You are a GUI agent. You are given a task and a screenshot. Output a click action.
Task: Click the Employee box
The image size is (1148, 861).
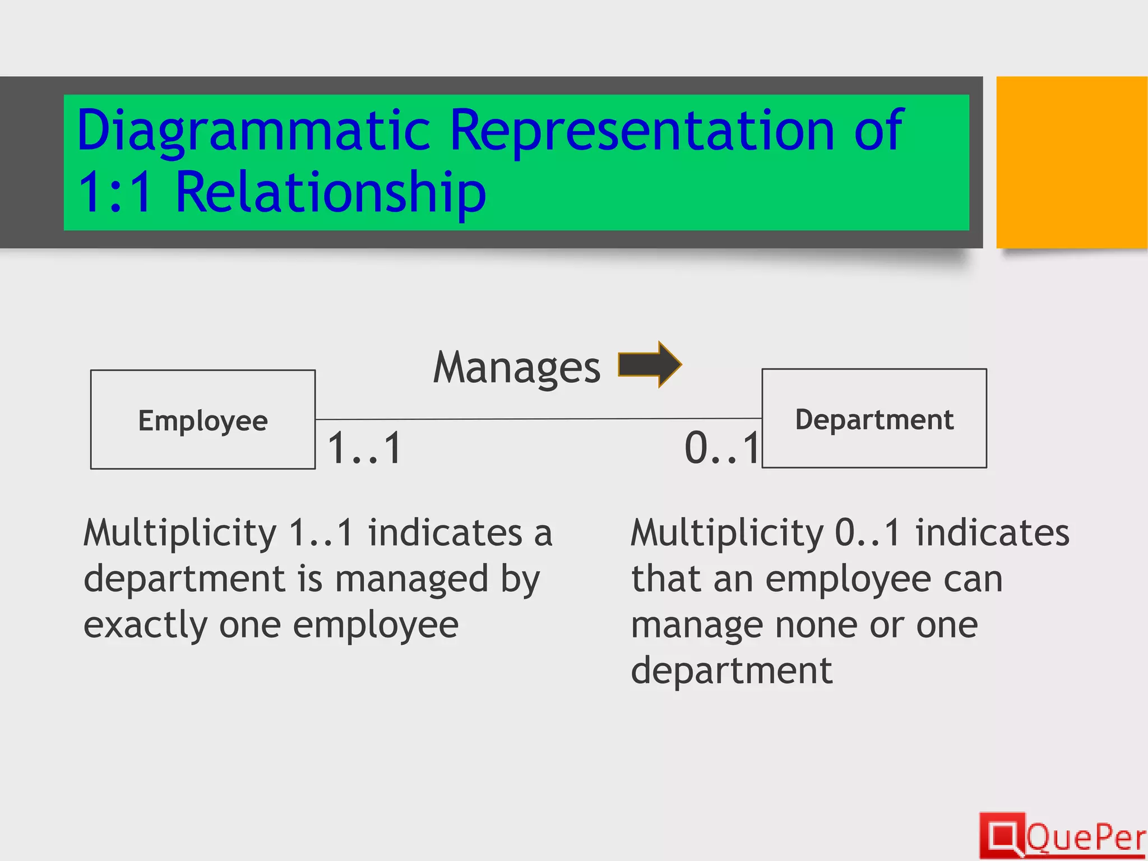(203, 419)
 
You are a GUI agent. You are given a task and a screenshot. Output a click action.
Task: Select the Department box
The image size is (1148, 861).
(874, 418)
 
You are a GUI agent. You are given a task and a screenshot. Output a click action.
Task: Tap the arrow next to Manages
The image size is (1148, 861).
(650, 364)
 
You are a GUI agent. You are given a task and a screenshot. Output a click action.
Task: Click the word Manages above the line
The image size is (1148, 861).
(516, 368)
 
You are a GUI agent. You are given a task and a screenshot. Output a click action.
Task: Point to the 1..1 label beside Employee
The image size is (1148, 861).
(364, 448)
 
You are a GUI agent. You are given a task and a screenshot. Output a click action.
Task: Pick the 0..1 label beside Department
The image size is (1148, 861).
(722, 448)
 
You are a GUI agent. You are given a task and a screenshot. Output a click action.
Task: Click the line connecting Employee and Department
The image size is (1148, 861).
(538, 419)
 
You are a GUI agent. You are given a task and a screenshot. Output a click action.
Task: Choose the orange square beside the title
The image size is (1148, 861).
(1071, 162)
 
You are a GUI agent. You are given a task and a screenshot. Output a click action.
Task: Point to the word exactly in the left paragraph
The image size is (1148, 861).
(145, 625)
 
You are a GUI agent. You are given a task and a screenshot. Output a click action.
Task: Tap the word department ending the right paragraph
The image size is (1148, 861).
(732, 671)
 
